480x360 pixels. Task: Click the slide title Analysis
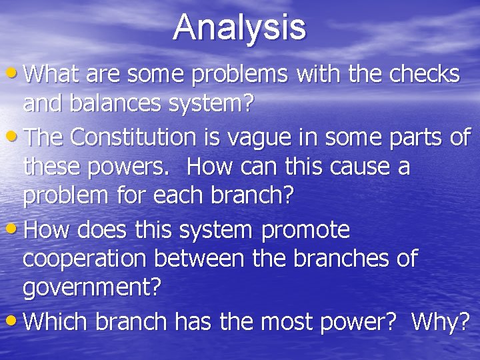click(x=240, y=27)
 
